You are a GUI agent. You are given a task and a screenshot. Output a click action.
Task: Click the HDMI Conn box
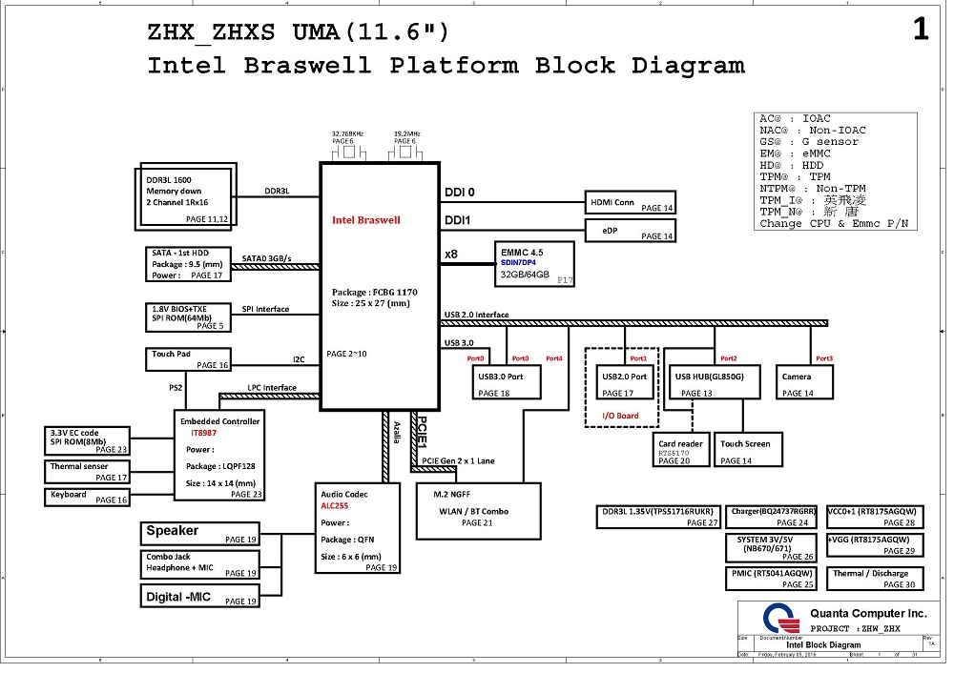tap(631, 202)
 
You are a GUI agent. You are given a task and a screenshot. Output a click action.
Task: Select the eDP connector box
tap(631, 231)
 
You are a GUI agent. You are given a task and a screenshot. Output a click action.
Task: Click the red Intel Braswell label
tap(366, 220)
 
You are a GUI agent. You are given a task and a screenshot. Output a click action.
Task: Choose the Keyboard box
tap(87, 497)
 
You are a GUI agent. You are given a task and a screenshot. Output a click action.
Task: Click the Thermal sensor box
tap(87, 472)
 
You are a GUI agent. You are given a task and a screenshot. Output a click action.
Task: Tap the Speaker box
tap(199, 534)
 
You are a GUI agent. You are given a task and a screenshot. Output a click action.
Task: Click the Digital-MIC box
tap(199, 597)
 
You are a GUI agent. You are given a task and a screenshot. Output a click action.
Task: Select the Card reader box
tap(682, 451)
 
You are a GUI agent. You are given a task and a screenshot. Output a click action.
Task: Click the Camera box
tap(802, 383)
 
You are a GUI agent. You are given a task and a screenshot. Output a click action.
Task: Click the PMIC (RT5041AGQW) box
tap(770, 578)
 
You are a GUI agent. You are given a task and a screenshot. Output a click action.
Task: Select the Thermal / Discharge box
tap(872, 578)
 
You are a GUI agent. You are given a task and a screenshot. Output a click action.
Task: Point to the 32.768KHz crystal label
tap(348, 134)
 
